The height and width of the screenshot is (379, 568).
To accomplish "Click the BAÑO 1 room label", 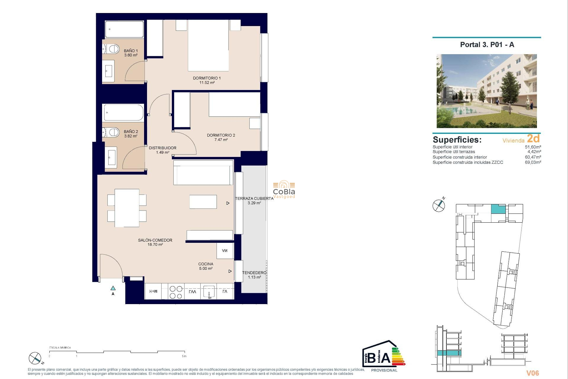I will (x=130, y=51).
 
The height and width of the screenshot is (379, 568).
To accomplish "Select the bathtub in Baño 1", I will (x=124, y=29).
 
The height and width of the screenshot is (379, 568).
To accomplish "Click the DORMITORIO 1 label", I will (x=206, y=78).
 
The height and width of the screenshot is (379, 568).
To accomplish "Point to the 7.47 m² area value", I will (x=221, y=140).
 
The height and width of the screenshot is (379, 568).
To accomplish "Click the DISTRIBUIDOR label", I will (x=162, y=148).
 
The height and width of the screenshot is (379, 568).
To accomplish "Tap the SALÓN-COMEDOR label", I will (x=155, y=240).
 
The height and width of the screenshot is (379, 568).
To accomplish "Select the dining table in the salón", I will (x=127, y=208).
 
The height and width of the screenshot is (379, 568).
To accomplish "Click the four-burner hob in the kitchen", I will (x=176, y=292).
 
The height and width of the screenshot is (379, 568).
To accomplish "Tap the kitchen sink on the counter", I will (x=209, y=292).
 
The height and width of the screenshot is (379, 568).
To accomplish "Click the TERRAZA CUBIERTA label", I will (x=254, y=199).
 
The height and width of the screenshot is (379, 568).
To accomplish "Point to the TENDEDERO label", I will (x=254, y=273).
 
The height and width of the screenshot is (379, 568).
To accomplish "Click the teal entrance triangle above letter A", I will (x=113, y=288).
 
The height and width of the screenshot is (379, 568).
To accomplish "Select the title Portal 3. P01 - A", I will (x=487, y=45).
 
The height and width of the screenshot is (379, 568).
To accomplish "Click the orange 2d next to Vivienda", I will (x=533, y=139).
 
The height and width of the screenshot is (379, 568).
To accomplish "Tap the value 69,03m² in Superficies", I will (x=533, y=162).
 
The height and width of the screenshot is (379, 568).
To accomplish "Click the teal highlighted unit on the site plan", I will (x=498, y=209).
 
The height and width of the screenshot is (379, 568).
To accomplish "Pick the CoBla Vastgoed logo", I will (x=284, y=189).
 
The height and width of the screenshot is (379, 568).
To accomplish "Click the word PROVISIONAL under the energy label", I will (x=384, y=370).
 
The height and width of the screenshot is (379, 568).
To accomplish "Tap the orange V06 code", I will (x=532, y=373).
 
